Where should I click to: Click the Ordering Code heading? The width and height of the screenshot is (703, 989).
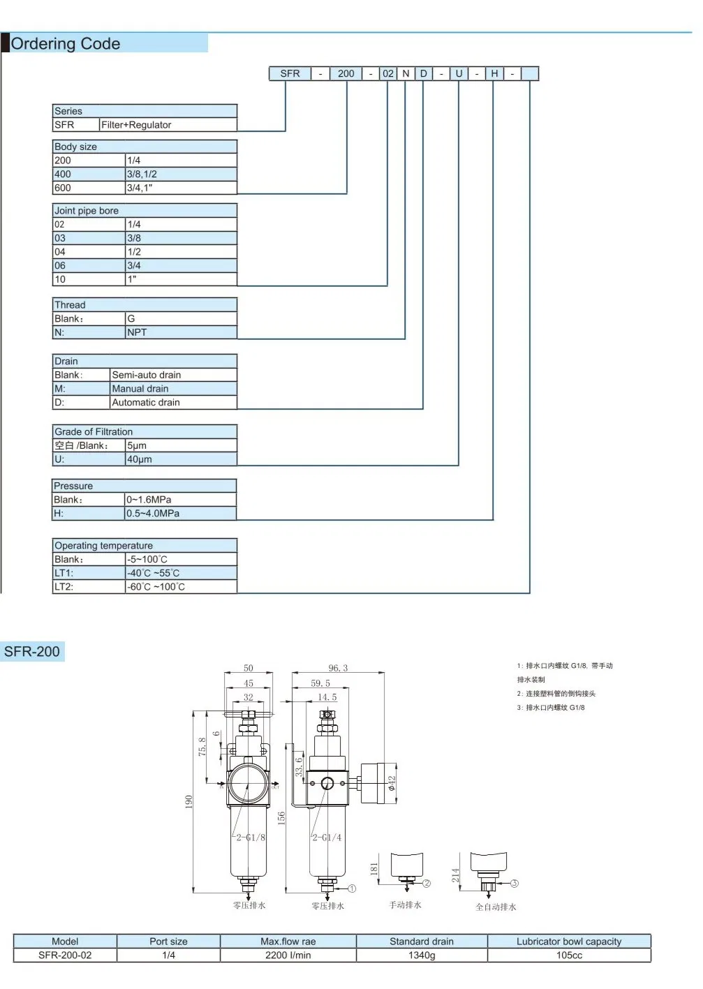(66, 44)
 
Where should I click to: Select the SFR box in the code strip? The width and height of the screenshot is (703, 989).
(290, 73)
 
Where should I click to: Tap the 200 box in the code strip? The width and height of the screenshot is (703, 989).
(346, 73)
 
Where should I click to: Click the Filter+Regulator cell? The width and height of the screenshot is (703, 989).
(168, 125)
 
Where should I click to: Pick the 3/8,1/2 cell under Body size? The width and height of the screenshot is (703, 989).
(181, 174)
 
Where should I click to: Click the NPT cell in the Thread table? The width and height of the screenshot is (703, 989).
(181, 332)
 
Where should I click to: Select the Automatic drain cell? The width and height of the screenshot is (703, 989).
(173, 402)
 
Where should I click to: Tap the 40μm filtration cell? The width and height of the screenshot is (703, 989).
(181, 459)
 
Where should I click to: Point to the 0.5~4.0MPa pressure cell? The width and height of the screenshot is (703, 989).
(181, 513)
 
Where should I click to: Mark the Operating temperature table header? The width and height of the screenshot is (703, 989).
(145, 545)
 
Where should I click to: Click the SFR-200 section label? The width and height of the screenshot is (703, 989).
(32, 651)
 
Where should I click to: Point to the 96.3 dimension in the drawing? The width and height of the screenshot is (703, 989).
(338, 668)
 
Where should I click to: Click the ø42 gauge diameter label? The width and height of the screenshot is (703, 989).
(392, 783)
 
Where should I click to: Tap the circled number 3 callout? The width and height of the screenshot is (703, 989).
(515, 883)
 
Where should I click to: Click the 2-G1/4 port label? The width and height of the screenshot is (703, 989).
(327, 838)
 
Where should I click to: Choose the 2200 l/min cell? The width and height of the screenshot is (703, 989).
(288, 955)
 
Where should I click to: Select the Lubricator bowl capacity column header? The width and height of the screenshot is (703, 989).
(569, 942)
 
